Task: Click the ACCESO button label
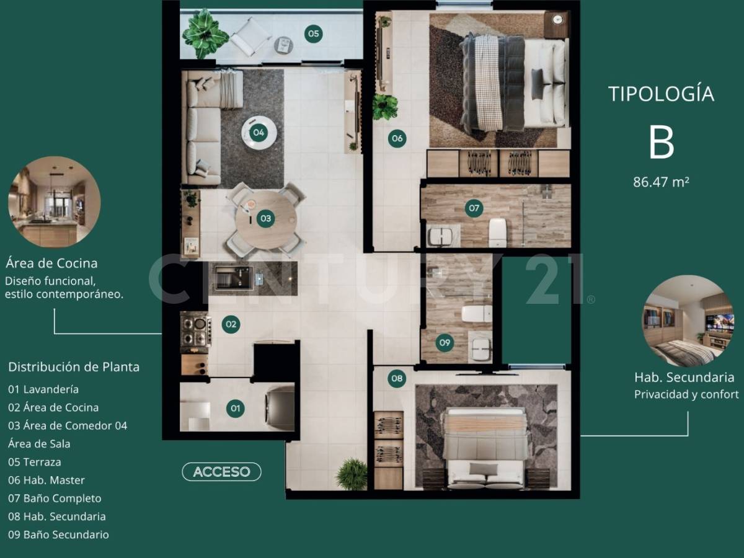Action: tap(221, 472)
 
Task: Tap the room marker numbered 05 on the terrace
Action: tap(313, 33)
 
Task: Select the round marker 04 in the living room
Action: tap(259, 131)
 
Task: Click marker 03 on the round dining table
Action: tap(265, 218)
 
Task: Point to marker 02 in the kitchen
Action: tap(231, 324)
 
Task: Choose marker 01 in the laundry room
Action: tap(235, 408)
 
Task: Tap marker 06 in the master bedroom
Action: tap(397, 138)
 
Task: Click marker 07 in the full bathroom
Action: tap(474, 208)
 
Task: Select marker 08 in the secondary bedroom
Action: tap(397, 378)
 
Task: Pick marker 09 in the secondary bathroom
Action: tap(444, 342)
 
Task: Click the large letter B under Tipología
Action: tap(661, 143)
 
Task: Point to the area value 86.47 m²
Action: tap(661, 182)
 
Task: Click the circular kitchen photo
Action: tap(54, 202)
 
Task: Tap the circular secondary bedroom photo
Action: tap(688, 321)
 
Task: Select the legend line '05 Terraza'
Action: tap(35, 462)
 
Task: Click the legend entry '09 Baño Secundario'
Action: tap(58, 534)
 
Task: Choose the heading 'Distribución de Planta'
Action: tap(74, 366)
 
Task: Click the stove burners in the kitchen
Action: tap(195, 332)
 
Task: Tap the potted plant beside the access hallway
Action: tap(352, 474)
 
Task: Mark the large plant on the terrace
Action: tap(205, 32)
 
